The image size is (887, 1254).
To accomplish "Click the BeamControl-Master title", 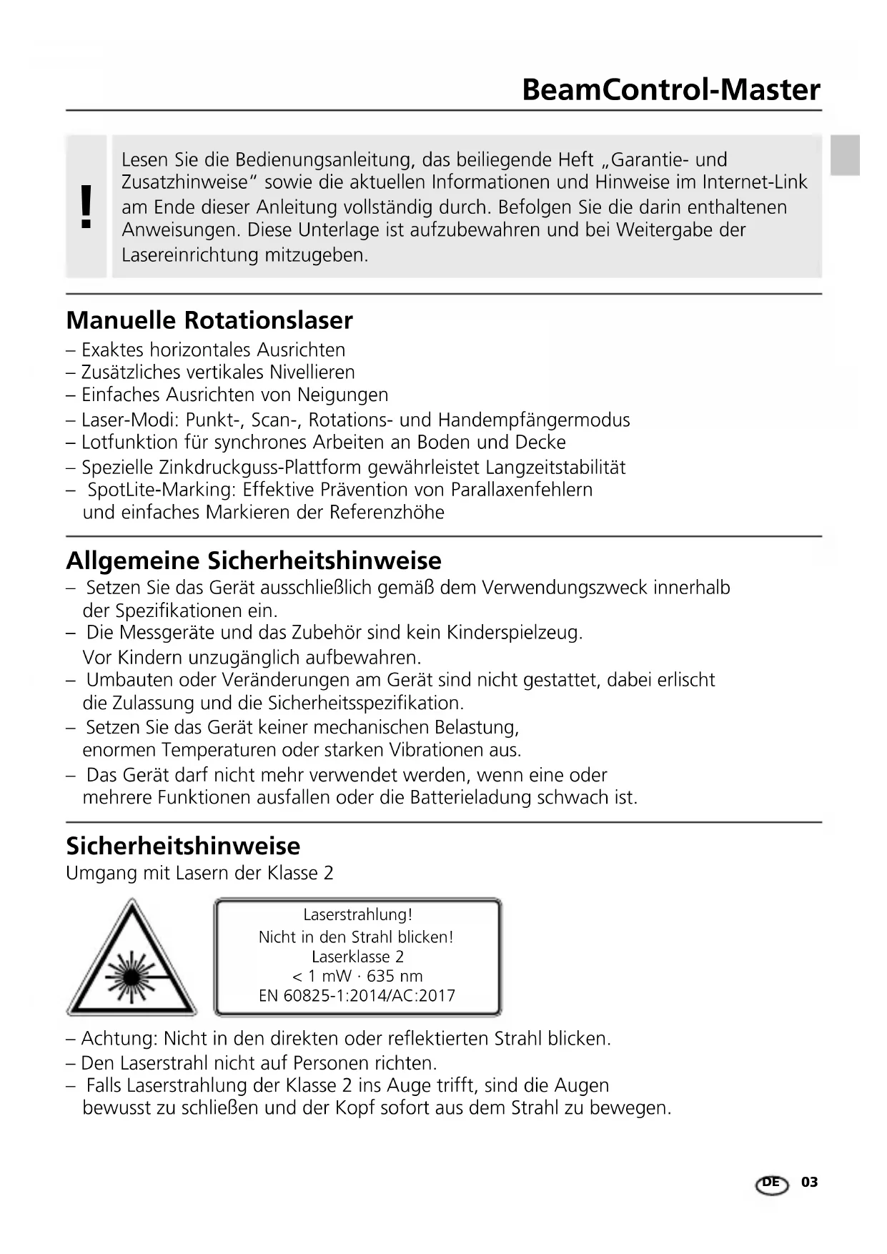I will [x=670, y=90].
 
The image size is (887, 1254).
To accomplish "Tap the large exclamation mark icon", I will [x=86, y=206].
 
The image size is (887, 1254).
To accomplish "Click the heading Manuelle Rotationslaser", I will [x=209, y=320].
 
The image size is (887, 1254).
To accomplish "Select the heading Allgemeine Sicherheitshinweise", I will [x=254, y=561].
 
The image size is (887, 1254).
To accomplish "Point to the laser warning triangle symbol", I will [x=132, y=960].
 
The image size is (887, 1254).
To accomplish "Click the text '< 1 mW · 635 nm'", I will [x=357, y=977].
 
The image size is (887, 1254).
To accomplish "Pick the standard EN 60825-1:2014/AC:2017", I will [x=357, y=996].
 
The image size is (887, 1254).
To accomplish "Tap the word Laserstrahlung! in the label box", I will [x=357, y=915].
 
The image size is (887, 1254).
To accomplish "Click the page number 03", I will [x=809, y=1183].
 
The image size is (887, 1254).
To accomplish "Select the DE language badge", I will [x=771, y=1184].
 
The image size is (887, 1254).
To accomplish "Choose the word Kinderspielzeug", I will [x=514, y=633].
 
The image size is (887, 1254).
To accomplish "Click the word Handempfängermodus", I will [x=534, y=420].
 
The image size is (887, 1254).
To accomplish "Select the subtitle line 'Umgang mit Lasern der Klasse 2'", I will [x=199, y=874].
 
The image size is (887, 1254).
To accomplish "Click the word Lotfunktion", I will [x=119, y=443].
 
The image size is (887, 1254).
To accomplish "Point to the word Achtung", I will [x=117, y=1038].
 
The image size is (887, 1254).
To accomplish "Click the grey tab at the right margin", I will [x=845, y=155].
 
